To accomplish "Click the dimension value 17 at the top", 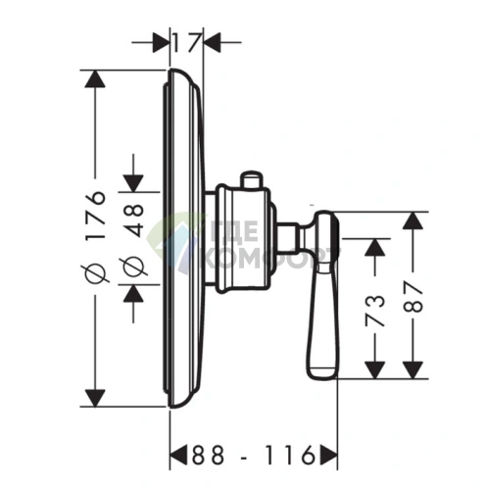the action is pyautogui.click(x=186, y=42).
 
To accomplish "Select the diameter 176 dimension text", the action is pyautogui.click(x=96, y=237).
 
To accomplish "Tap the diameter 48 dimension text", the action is pyautogui.click(x=132, y=239).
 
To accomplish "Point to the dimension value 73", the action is pyautogui.click(x=374, y=310).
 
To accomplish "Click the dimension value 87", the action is pyautogui.click(x=413, y=297).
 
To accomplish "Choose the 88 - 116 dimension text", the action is pyautogui.click(x=254, y=455).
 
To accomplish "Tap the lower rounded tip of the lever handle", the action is pyautogui.click(x=321, y=373).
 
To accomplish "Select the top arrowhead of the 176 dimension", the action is pyautogui.click(x=95, y=79).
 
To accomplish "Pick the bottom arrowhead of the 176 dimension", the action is pyautogui.click(x=95, y=398).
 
